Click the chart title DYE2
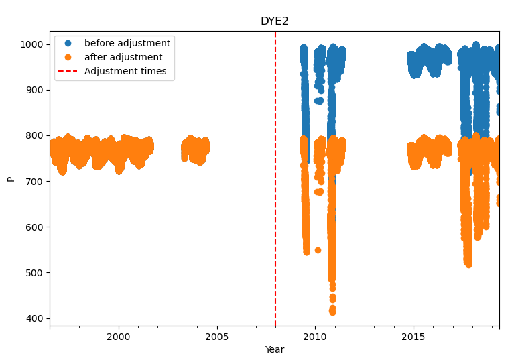point(274,21)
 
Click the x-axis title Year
point(274,349)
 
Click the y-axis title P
point(10,178)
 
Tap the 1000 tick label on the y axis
point(33,44)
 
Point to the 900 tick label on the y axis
point(36,90)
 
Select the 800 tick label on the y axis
point(36,135)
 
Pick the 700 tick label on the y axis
point(36,181)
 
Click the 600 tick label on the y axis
point(36,227)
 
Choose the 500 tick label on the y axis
point(36,272)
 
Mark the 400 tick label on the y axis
point(36,318)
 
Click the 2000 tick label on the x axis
point(119,336)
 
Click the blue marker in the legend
point(68,43)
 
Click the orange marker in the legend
point(68,57)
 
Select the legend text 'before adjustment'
point(127,43)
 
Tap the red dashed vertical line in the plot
point(275,201)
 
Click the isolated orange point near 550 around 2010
point(318,250)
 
